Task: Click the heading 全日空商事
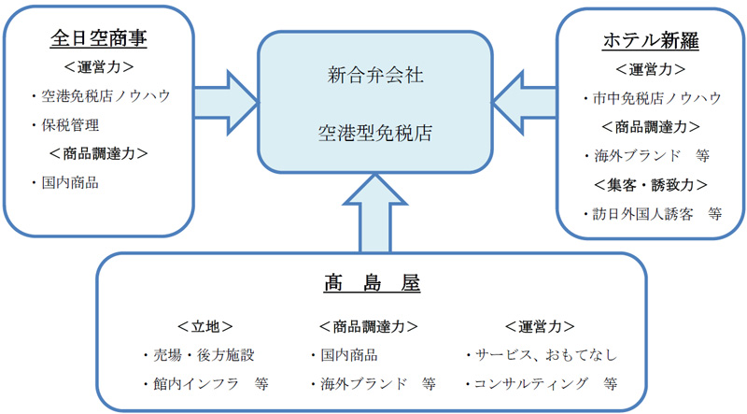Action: [99, 38]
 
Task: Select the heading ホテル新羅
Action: [650, 40]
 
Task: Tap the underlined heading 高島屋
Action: [372, 282]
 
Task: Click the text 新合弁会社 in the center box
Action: [375, 75]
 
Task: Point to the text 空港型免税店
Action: [375, 133]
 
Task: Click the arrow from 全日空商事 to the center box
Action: [226, 103]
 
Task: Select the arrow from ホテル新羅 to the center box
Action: [524, 103]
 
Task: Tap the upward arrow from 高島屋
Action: [375, 213]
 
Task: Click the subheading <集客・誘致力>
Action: [650, 185]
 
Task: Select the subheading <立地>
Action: [204, 326]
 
